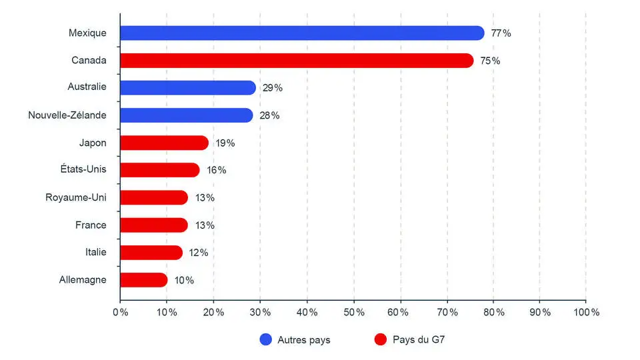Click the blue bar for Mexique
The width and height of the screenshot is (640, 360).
coord(301,33)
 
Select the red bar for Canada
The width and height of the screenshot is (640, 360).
coord(297,61)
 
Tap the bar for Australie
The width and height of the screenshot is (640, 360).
coord(188,88)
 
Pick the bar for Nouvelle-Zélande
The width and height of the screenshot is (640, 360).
coord(186,115)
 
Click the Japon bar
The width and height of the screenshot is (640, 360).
coord(164,143)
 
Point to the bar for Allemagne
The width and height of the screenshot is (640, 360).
coord(143,280)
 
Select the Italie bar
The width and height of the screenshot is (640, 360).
coord(151,253)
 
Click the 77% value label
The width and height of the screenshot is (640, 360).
coord(501,33)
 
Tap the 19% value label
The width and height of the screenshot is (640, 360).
coord(225,143)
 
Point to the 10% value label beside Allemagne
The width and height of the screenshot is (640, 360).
coord(184,280)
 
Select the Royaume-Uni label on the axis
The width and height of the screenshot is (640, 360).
coord(76,197)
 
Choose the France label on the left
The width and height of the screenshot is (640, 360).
coord(91,225)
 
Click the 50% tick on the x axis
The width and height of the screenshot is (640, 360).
coord(353,312)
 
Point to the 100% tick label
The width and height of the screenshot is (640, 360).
coord(586,312)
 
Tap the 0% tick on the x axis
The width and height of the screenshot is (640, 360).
coord(120,312)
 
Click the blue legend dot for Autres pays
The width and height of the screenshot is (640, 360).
coord(266,340)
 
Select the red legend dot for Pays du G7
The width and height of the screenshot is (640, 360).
coord(381,340)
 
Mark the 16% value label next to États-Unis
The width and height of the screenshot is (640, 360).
coord(217,170)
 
